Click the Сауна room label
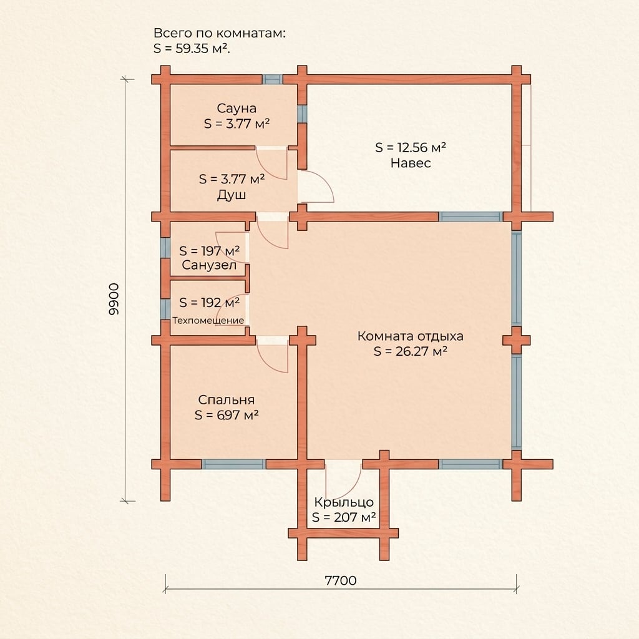tap(237, 109)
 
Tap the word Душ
tap(231, 195)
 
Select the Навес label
tap(411, 163)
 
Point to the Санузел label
tap(209, 265)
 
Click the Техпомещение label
tap(208, 320)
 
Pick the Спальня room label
tap(226, 400)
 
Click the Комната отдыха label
tap(411, 336)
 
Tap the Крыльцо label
tap(344, 502)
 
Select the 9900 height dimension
tap(114, 299)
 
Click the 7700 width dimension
tap(341, 580)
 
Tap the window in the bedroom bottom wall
tap(233, 464)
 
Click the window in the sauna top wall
tap(272, 79)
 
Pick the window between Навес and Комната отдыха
tap(471, 217)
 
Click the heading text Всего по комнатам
tap(220, 34)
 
